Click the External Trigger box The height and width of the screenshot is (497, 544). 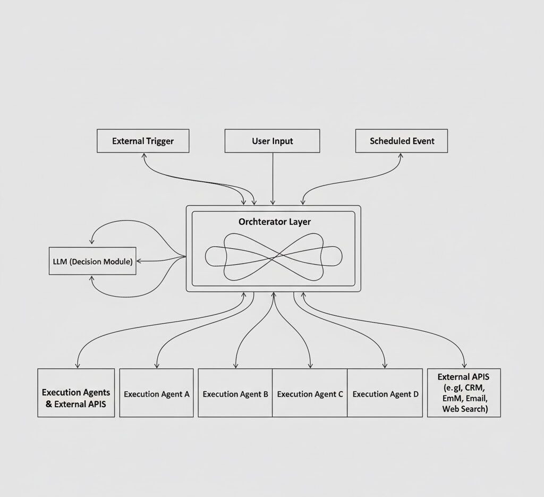click(143, 141)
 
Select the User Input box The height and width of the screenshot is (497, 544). click(272, 141)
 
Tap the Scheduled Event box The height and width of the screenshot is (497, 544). click(402, 141)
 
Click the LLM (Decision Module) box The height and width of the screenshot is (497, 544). click(92, 261)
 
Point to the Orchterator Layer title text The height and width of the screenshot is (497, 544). click(274, 222)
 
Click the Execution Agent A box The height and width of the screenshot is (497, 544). click(156, 393)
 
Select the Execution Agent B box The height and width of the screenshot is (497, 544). click(235, 393)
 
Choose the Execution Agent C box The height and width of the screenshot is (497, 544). click(310, 393)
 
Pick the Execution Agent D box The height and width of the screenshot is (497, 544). click(385, 393)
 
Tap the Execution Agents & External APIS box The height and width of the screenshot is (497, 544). click(76, 398)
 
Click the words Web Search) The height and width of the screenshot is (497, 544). click(464, 409)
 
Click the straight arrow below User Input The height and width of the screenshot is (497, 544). click(273, 178)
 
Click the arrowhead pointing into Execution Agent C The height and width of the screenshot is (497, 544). click(310, 366)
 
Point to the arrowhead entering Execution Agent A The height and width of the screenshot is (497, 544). click(156, 366)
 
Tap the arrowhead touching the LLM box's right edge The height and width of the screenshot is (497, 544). click(139, 261)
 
